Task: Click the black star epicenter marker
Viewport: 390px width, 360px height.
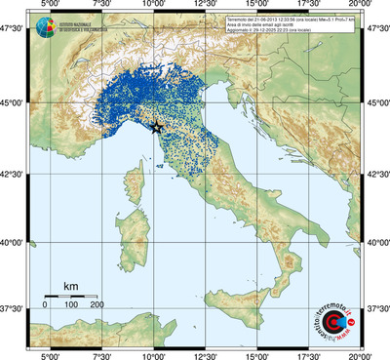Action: click(x=158, y=127)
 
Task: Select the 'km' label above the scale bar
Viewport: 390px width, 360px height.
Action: click(x=70, y=286)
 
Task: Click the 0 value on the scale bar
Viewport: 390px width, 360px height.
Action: click(x=45, y=305)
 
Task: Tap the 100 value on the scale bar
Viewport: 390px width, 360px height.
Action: click(x=71, y=305)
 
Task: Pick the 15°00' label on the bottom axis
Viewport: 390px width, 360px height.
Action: click(x=256, y=354)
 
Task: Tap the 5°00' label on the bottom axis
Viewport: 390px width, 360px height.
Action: click(x=48, y=354)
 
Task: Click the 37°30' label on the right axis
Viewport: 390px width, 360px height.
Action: click(x=377, y=308)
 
